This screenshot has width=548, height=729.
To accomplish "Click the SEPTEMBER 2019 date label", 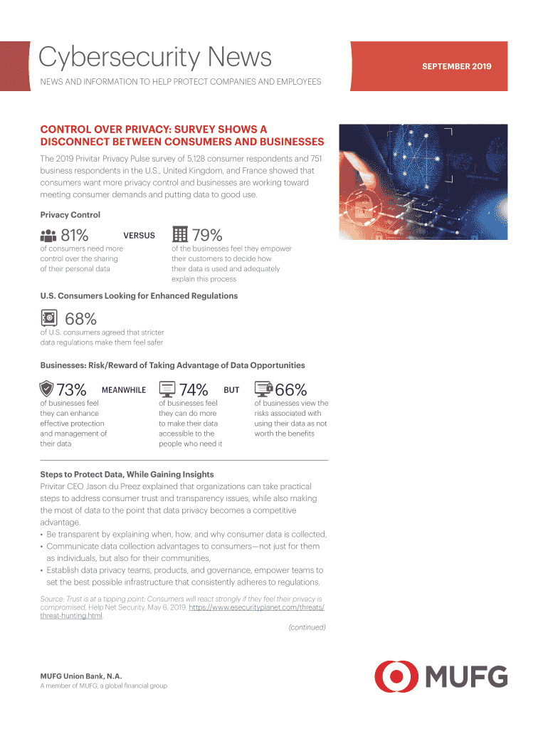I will click(x=456, y=67).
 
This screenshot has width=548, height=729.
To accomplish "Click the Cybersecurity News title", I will click(x=155, y=57).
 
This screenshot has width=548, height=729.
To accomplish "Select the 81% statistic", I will click(x=75, y=235).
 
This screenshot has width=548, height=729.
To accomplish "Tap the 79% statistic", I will click(x=207, y=234).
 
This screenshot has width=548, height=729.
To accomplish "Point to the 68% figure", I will click(x=80, y=320).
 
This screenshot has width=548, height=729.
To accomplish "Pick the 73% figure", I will click(x=71, y=390).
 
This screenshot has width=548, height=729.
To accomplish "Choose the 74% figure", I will click(x=194, y=390).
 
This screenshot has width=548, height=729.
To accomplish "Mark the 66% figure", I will click(x=290, y=390).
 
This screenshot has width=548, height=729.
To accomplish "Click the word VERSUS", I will click(x=139, y=236).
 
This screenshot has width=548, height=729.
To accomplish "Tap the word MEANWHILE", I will click(x=124, y=390).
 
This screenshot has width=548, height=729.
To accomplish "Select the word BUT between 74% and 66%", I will click(x=231, y=390).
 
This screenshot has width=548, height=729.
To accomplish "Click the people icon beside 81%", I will click(x=48, y=236).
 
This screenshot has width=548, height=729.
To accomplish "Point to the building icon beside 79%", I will click(x=180, y=234).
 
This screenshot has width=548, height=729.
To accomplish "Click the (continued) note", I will click(x=307, y=627).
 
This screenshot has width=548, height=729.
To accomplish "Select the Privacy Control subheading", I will click(x=70, y=215).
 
